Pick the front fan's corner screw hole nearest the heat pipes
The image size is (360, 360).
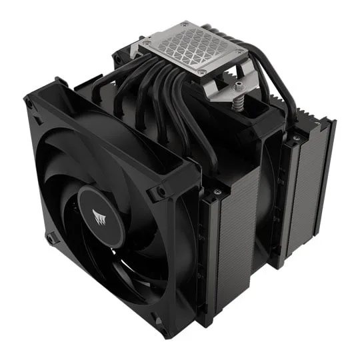click(161, 193)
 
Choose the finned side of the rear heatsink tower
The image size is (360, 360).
click(313, 193)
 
